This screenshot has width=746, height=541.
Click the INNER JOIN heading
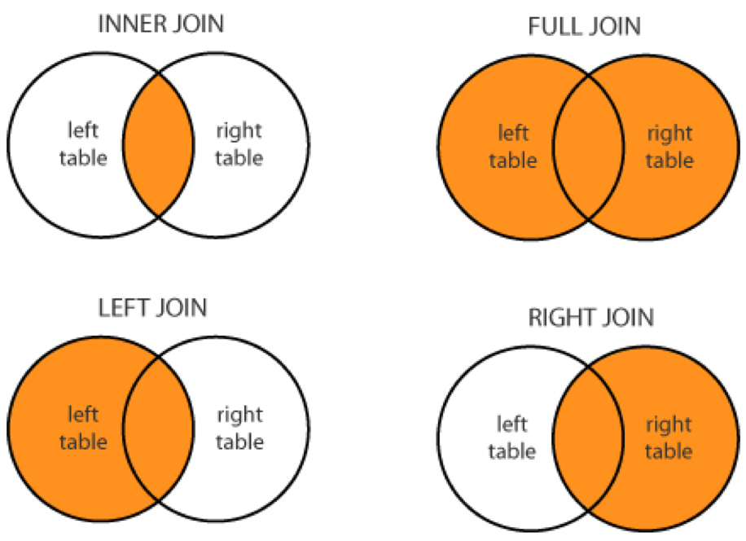(x=160, y=24)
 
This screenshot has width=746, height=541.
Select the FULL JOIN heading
(x=584, y=27)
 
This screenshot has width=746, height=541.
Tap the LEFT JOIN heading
(x=152, y=308)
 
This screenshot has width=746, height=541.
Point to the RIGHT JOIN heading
(x=590, y=317)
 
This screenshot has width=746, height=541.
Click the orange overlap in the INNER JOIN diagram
(x=160, y=143)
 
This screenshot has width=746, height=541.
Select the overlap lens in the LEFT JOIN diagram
(x=160, y=429)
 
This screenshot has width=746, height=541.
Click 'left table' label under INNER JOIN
(x=83, y=143)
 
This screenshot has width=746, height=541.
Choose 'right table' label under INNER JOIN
(x=239, y=143)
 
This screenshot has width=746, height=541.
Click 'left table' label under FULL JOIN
(x=513, y=147)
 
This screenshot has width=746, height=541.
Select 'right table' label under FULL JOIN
(x=669, y=147)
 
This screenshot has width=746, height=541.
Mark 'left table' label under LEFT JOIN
(x=83, y=429)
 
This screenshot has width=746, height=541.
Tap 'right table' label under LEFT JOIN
(x=239, y=429)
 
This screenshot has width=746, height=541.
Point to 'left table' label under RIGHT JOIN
(x=512, y=438)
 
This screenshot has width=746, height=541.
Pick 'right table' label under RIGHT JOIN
(x=669, y=438)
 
